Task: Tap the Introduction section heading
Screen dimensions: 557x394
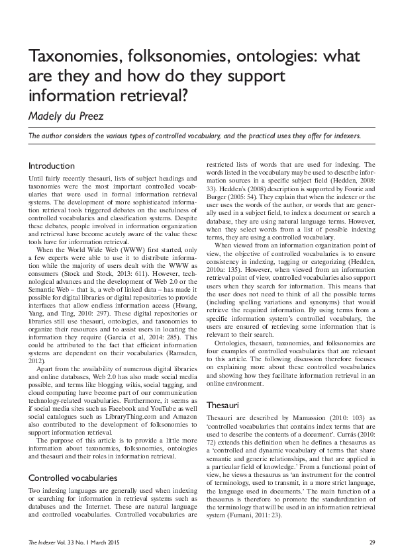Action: pos(51,165)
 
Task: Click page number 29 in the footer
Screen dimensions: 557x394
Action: pos(372,543)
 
